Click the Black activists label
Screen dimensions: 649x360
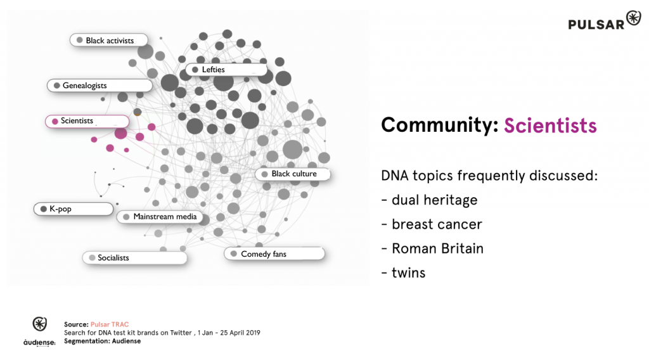click(109, 40)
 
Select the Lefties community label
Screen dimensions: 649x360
click(226, 70)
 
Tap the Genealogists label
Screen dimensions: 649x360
click(100, 86)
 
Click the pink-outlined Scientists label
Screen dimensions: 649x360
click(87, 121)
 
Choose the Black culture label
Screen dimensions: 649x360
click(293, 174)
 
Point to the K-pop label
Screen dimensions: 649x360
click(74, 209)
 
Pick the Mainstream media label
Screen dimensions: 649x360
click(160, 217)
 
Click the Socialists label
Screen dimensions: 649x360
click(135, 258)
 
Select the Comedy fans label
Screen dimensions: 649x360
click(274, 254)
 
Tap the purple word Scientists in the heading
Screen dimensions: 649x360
click(550, 125)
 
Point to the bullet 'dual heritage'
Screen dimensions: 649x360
click(429, 200)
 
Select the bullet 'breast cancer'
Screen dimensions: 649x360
click(432, 224)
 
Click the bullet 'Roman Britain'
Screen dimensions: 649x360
click(432, 248)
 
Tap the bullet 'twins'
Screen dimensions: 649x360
click(404, 273)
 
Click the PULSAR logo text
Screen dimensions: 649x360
click(596, 25)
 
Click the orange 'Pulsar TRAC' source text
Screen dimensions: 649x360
click(110, 325)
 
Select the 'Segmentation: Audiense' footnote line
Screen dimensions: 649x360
click(102, 341)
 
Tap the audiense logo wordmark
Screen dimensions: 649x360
click(39, 343)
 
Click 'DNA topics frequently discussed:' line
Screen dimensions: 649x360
click(490, 176)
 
